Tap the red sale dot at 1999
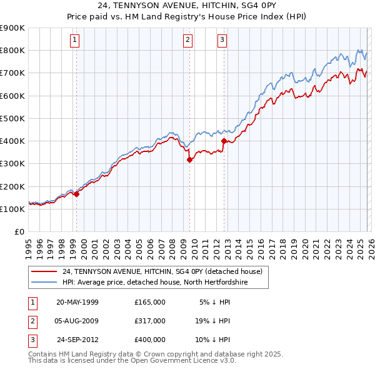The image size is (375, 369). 76,194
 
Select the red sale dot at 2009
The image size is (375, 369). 189,159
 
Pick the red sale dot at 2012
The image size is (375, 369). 224,141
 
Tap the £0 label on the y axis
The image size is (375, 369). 19,231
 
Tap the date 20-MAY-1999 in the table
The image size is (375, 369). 77,302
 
